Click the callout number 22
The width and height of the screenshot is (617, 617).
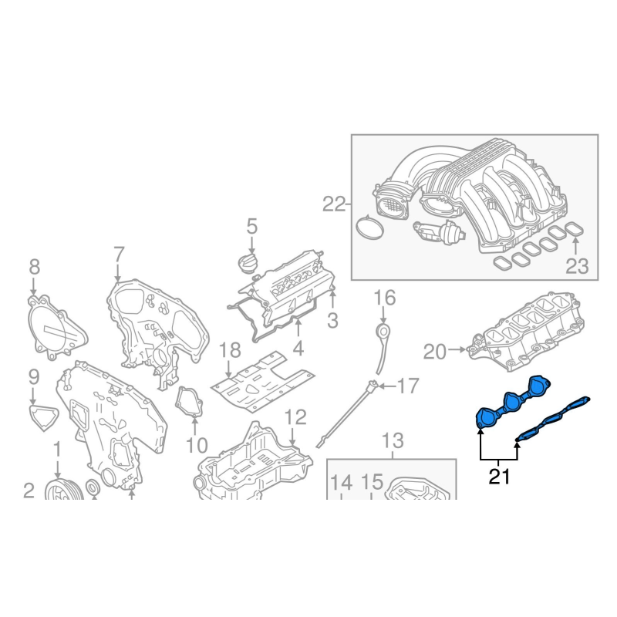[x=334, y=204]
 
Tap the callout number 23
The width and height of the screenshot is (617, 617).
[x=577, y=266]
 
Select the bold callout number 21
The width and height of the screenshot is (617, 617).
[x=499, y=477]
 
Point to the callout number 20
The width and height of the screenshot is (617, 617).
[x=435, y=352]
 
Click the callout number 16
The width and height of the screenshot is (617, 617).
[x=384, y=298]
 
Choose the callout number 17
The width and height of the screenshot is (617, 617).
[x=408, y=386]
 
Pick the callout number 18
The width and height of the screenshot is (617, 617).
[x=230, y=350]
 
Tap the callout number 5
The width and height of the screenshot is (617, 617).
[x=252, y=227]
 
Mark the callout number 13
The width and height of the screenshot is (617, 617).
[x=393, y=440]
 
